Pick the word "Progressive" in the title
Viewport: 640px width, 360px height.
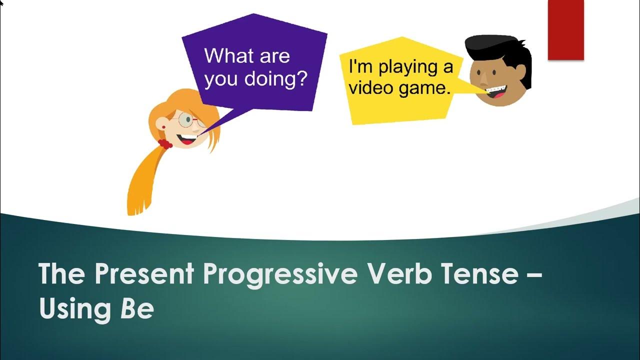click(280, 274)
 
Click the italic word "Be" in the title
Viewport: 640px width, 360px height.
click(136, 309)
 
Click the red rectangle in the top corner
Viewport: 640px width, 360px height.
click(565, 30)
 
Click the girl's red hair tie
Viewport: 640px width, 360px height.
click(165, 144)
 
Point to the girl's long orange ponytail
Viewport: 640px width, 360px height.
click(142, 180)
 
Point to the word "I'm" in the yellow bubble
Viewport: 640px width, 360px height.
click(358, 66)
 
